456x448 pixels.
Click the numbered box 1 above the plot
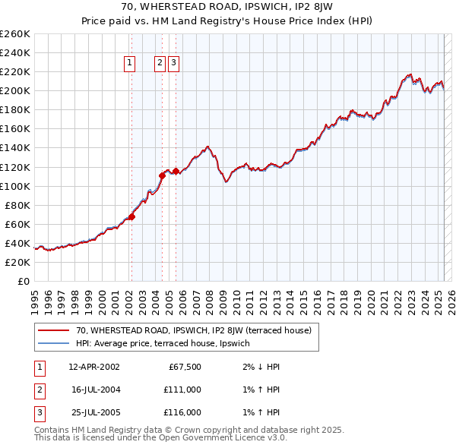tap(130, 64)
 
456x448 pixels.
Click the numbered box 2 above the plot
tap(160, 64)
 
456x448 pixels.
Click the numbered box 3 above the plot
tap(173, 64)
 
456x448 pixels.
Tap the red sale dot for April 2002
tap(131, 216)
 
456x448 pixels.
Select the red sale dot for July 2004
tap(162, 175)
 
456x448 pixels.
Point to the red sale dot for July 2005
tap(176, 171)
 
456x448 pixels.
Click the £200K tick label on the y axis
tap(15, 90)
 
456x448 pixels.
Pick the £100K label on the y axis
tap(15, 186)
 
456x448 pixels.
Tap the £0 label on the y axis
tap(23, 281)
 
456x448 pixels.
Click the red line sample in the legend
tap(53, 330)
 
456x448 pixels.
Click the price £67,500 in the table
tap(182, 367)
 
